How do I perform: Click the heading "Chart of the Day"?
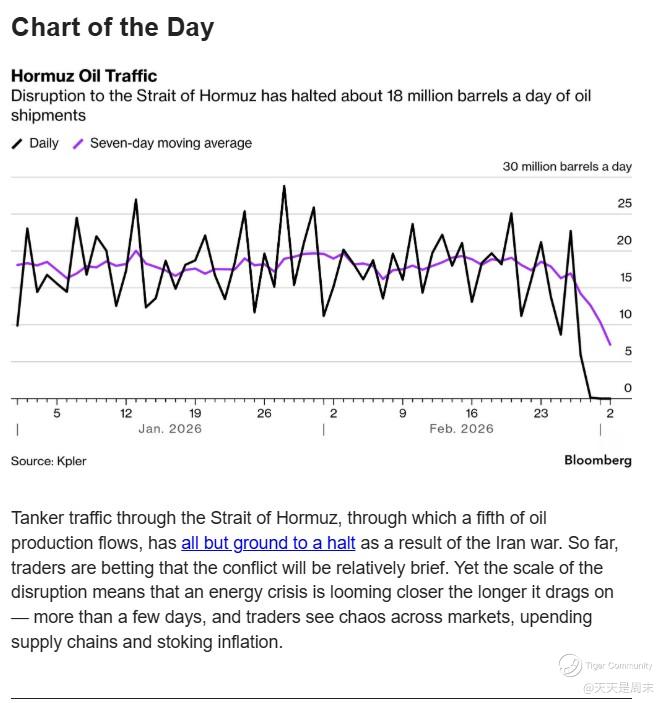pos(112,27)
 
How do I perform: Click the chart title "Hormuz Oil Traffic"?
pos(84,76)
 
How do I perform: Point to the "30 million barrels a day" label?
pos(567,167)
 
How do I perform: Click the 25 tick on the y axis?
pos(625,204)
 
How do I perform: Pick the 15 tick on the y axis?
pos(625,278)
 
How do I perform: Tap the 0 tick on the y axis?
pos(628,388)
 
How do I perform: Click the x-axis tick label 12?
pos(126,413)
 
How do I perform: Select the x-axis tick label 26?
pos(264,413)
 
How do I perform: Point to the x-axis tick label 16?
pos(472,413)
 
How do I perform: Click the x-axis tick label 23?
pos(541,413)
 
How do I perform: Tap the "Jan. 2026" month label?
pos(170,429)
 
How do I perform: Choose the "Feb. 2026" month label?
pos(461,429)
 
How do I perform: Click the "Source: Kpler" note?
pos(48,461)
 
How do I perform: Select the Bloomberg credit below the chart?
pos(598,461)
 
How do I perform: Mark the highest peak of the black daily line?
pos(284,186)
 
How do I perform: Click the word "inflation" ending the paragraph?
pos(248,642)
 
